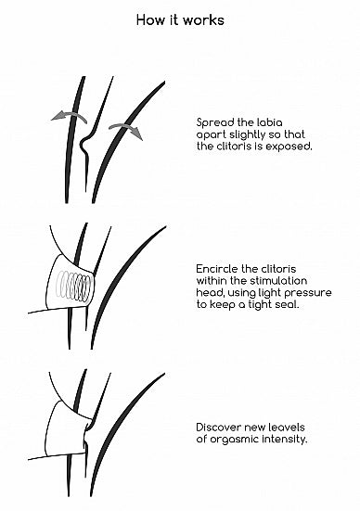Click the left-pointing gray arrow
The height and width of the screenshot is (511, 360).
[70, 116]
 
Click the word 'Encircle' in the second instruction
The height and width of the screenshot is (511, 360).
[217, 269]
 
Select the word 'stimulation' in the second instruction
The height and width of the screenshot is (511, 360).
[279, 281]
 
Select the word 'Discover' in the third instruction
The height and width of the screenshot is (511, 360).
[218, 428]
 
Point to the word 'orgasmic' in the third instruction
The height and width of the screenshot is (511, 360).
[229, 440]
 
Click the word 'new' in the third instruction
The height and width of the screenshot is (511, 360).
[252, 428]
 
